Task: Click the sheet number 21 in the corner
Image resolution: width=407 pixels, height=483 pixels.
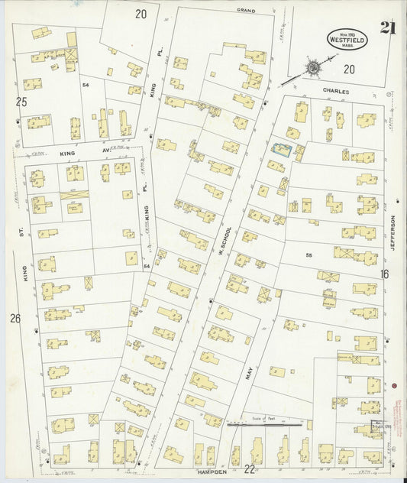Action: [387, 29]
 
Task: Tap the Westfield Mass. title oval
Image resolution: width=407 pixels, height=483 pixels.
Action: [347, 37]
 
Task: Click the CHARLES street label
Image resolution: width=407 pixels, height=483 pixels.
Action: [335, 91]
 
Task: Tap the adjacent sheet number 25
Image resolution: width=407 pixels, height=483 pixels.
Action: [21, 101]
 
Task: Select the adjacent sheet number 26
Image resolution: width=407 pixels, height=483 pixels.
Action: [15, 318]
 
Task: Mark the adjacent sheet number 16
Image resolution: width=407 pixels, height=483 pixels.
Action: [384, 274]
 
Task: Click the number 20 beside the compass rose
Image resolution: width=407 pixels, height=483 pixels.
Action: [349, 70]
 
